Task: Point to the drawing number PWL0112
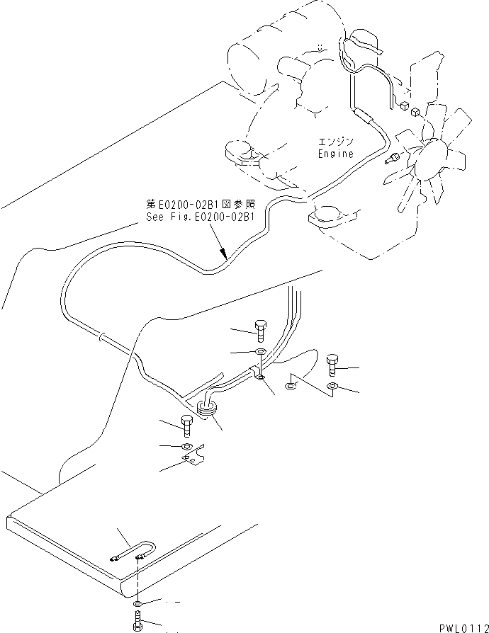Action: [458, 626]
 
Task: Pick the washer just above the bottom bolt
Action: [137, 604]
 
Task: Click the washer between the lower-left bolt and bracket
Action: [186, 446]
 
